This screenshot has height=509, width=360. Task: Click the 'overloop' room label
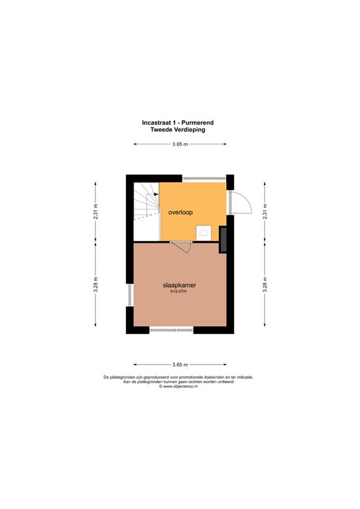pyautogui.click(x=180, y=212)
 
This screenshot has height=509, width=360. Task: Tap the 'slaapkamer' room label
pyautogui.click(x=180, y=286)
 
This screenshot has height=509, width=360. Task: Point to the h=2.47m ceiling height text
pyautogui.click(x=178, y=291)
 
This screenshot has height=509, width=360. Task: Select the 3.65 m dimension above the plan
pyautogui.click(x=180, y=144)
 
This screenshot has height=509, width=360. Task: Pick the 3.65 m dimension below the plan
pyautogui.click(x=180, y=365)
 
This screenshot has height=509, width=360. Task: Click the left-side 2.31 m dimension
pyautogui.click(x=95, y=211)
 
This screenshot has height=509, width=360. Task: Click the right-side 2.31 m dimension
pyautogui.click(x=265, y=211)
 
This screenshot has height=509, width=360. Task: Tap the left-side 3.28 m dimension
pyautogui.click(x=95, y=284)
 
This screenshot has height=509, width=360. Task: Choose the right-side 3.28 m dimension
pyautogui.click(x=265, y=284)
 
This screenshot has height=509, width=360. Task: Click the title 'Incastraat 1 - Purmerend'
pyautogui.click(x=178, y=123)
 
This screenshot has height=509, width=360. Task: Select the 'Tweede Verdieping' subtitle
pyautogui.click(x=178, y=129)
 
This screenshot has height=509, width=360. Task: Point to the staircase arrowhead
pyautogui.click(x=156, y=194)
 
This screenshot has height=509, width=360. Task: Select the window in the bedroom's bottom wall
pyautogui.click(x=171, y=330)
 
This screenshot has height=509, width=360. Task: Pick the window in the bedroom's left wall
pyautogui.click(x=130, y=295)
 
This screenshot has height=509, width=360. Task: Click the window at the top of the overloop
pyautogui.click(x=204, y=178)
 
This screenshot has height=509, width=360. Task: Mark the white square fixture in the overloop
pyautogui.click(x=204, y=233)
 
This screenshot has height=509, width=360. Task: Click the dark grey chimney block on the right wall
pyautogui.click(x=223, y=239)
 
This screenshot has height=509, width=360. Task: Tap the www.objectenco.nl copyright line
pyautogui.click(x=178, y=386)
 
